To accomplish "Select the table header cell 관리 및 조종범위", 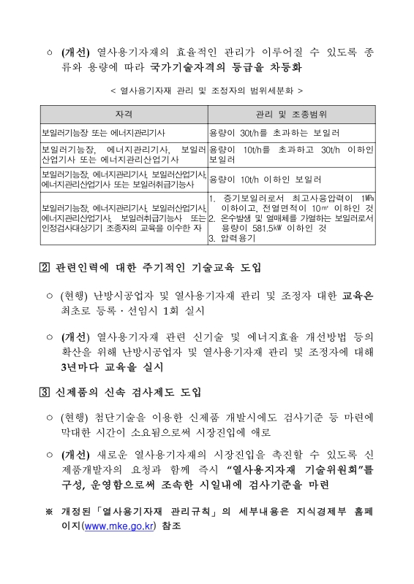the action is (x=291, y=115).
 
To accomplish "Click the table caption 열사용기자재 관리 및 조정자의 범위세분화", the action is (x=206, y=91).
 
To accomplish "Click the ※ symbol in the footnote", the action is (x=49, y=510).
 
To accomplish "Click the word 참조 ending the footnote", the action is (x=170, y=525).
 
